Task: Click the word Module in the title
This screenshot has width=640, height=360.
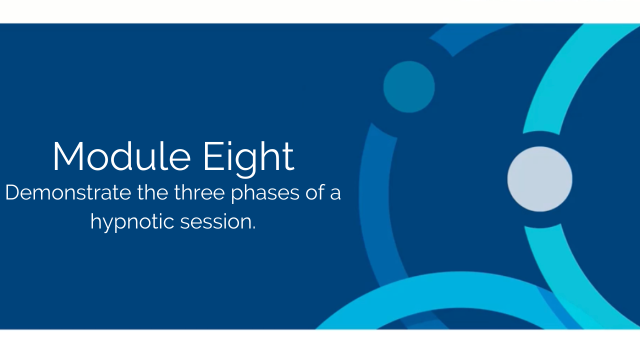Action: coord(121,156)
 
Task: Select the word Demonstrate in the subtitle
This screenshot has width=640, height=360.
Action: coord(68,192)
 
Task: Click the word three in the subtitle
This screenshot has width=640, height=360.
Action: coord(199,192)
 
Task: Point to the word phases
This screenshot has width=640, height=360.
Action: coord(265,193)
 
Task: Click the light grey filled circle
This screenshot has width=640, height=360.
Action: coord(539,179)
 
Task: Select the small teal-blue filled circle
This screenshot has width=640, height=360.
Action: coord(409,87)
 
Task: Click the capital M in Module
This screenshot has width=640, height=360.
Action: coord(68,156)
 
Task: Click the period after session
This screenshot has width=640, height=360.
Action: coord(253,228)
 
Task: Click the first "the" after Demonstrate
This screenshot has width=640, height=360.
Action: coord(153,192)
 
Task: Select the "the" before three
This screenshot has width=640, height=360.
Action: coord(153,192)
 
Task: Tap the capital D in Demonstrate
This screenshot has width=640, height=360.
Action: coord(13,192)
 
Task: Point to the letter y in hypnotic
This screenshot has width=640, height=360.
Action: coord(111,225)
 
